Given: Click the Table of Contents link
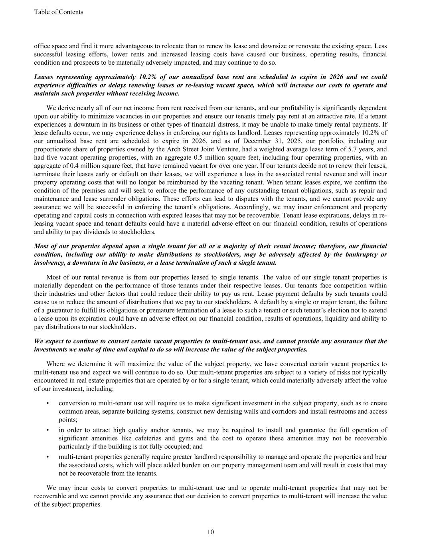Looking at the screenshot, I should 59,12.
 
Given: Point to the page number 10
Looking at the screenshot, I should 211,532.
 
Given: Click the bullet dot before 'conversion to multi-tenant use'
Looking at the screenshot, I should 48,403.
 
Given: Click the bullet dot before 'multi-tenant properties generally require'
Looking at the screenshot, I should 48,457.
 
